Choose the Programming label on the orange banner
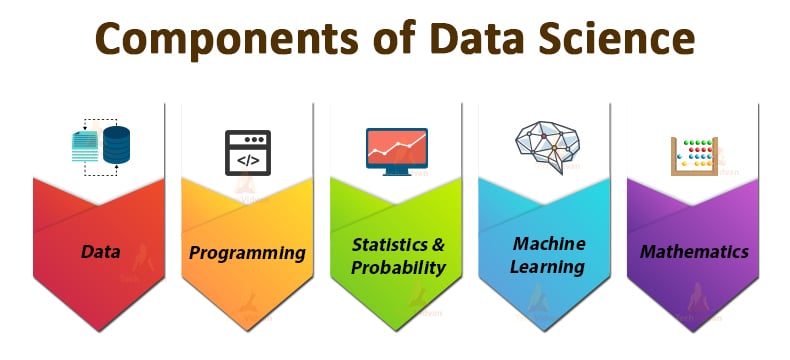247,252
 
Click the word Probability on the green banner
398,267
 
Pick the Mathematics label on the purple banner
694,252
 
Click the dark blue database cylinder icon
117,145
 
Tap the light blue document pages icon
85,148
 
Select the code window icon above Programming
247,150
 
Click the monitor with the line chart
397,148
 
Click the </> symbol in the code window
247,158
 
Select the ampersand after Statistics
436,244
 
